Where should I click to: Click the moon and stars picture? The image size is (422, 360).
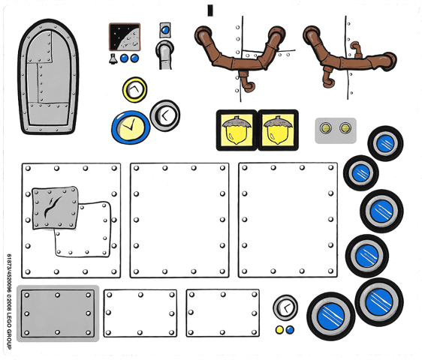pyautogui.click(x=125, y=37)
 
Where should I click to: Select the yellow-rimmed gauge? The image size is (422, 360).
pyautogui.click(x=135, y=89)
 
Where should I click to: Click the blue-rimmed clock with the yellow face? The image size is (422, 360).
pyautogui.click(x=131, y=127)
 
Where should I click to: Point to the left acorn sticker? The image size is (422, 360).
pyautogui.click(x=237, y=130)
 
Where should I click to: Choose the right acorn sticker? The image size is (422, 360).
pyautogui.click(x=278, y=130)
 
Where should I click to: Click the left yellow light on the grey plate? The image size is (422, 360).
pyautogui.click(x=326, y=127)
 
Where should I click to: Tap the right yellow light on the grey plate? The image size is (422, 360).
pyautogui.click(x=345, y=127)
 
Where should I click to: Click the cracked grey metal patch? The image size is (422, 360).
pyautogui.click(x=55, y=208)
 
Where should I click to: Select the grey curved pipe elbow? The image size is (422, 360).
pyautogui.click(x=164, y=55)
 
